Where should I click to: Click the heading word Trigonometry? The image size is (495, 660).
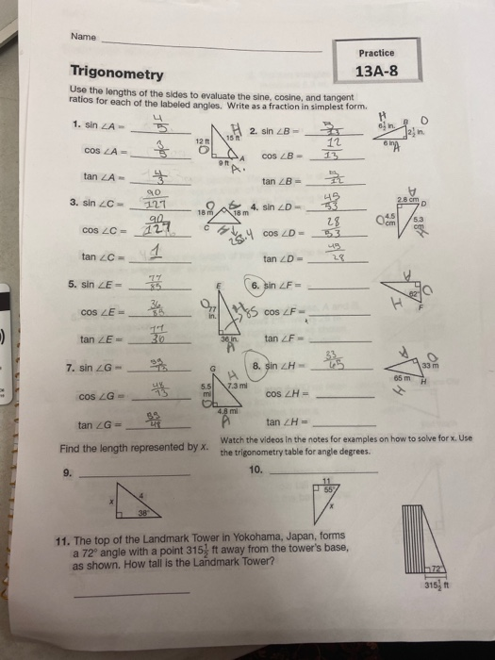pyautogui.click(x=117, y=73)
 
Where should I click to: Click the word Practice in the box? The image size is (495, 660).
pyautogui.click(x=377, y=54)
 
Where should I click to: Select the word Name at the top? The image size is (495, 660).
pyautogui.click(x=83, y=37)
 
